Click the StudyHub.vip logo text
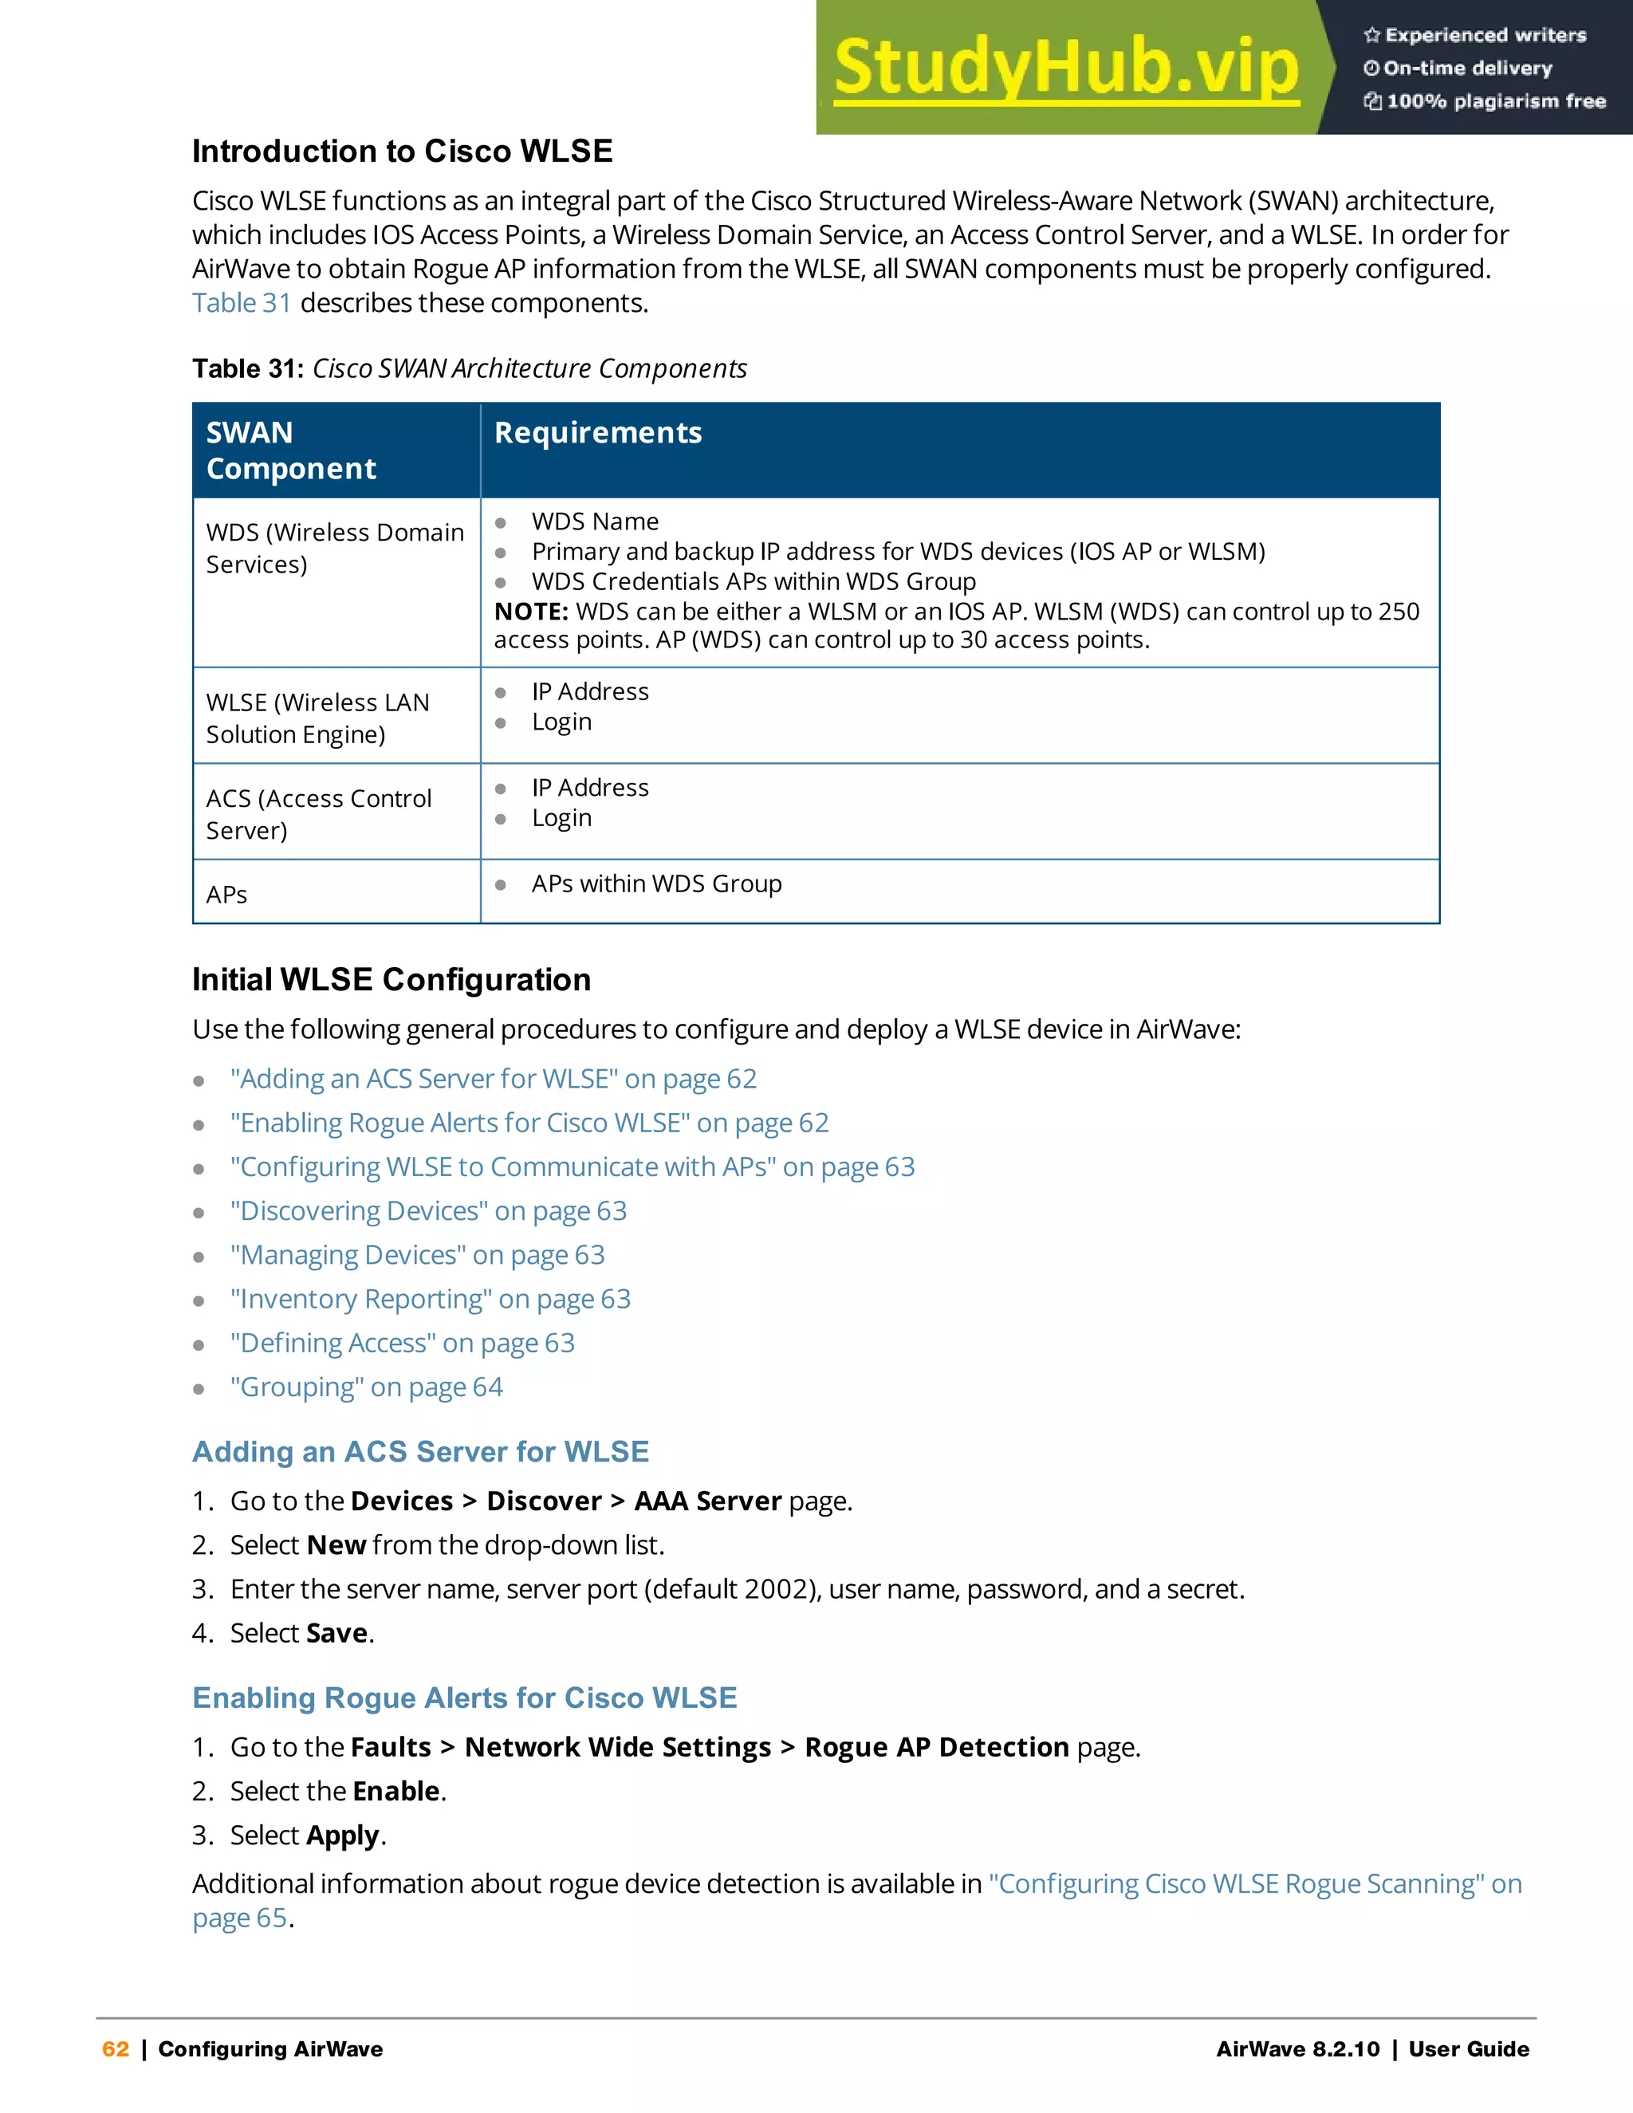[1066, 68]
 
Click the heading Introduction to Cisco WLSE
[402, 151]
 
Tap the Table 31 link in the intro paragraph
[241, 303]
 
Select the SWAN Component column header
[290, 450]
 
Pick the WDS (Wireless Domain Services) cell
[335, 549]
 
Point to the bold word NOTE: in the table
[531, 612]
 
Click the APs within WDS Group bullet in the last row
[656, 883]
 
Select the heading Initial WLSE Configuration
[391, 979]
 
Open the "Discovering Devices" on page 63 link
[427, 1210]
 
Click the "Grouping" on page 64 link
[366, 1387]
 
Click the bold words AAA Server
[707, 1501]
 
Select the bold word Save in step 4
[336, 1633]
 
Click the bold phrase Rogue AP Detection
[936, 1746]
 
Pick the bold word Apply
[342, 1836]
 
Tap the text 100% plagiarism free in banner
[1495, 101]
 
